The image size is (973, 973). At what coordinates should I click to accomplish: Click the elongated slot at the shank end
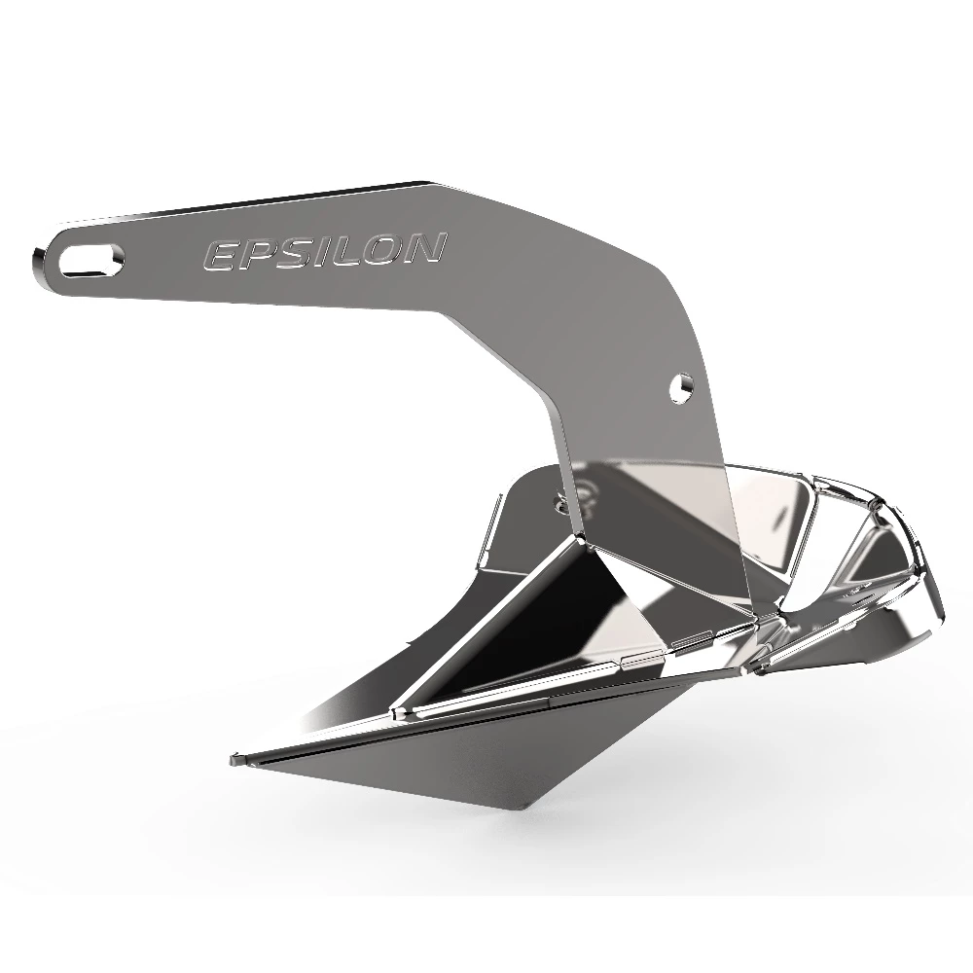(92, 257)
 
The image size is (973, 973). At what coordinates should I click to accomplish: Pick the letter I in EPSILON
(326, 252)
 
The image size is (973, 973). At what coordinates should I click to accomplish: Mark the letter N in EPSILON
(426, 249)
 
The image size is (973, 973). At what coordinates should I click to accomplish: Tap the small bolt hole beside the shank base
(561, 503)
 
